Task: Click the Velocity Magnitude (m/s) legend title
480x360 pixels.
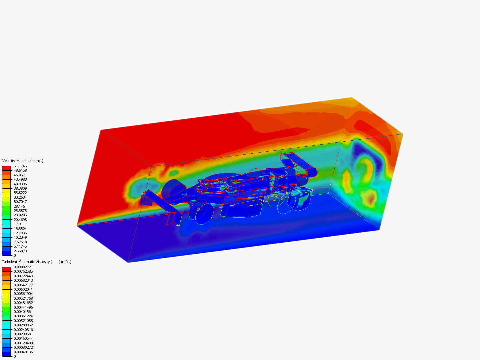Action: coord(23,161)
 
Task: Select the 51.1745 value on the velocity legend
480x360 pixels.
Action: coord(20,166)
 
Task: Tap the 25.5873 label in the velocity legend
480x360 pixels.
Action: coord(20,211)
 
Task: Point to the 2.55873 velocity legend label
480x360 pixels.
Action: coord(20,251)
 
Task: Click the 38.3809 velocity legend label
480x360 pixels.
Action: coord(20,188)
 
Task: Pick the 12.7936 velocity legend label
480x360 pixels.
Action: coord(20,233)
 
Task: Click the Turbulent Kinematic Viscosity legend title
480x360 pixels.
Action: coord(37,262)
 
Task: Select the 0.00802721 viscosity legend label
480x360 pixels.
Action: coord(23,267)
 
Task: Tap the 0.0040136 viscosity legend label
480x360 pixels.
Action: coord(22,312)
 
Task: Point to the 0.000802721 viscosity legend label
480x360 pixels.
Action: coord(24,347)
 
